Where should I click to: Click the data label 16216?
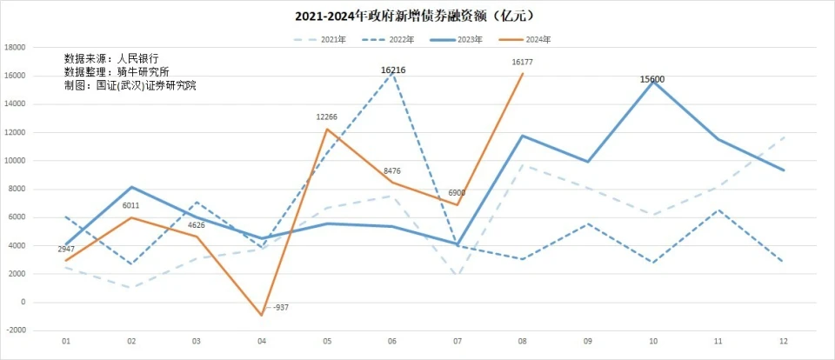pos(393,70)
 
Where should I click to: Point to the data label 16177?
pos(523,63)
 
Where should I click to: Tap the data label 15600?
pos(652,79)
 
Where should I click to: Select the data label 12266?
pos(327,117)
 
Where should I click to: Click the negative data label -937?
pos(281,308)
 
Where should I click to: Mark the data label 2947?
pos(67,250)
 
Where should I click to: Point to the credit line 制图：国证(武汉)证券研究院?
pos(130,85)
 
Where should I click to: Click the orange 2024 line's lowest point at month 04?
pos(263,316)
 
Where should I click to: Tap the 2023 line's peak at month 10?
pos(652,82)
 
